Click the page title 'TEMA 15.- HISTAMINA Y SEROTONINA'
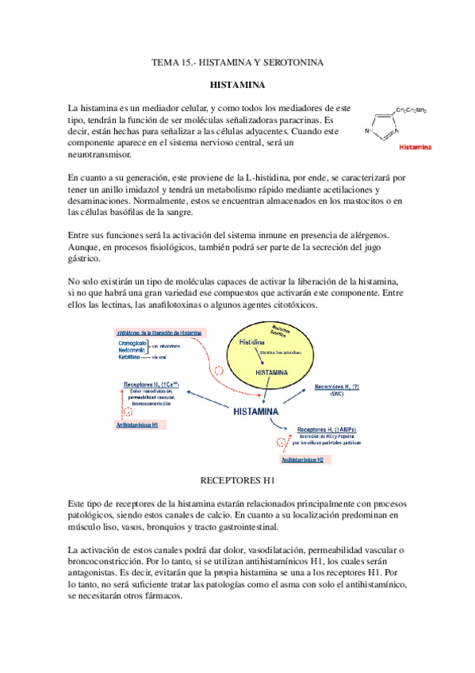[237, 62]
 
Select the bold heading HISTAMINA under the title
[237, 83]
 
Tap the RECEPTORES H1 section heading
[237, 480]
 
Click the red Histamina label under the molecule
[415, 147]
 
